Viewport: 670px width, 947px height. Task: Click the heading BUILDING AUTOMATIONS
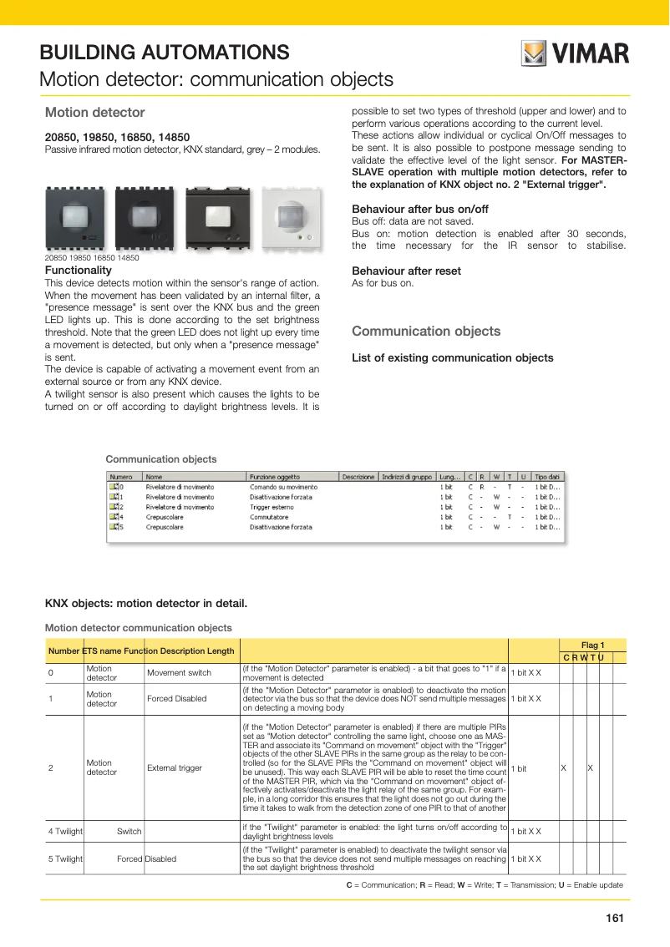[x=165, y=53]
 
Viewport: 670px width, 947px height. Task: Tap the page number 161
[x=615, y=919]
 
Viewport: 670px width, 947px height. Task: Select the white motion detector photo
[x=291, y=219]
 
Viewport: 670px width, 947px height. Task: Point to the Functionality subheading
[x=78, y=271]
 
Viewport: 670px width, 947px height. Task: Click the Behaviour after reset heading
[x=406, y=271]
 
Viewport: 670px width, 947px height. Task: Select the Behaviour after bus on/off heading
[x=419, y=209]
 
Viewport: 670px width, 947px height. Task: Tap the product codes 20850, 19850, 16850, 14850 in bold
[x=117, y=137]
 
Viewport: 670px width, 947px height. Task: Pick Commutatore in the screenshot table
[x=268, y=517]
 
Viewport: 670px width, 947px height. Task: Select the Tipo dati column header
[x=547, y=477]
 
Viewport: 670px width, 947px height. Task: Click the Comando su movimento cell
[x=282, y=487]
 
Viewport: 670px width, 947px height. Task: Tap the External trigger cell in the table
[x=175, y=767]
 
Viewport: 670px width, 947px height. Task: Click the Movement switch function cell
[x=179, y=672]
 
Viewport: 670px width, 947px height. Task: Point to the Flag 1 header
[x=592, y=645]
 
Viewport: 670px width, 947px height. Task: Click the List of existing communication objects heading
[x=452, y=357]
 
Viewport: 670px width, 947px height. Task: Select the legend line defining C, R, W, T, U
[x=484, y=885]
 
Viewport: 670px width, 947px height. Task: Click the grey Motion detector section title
[x=94, y=112]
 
